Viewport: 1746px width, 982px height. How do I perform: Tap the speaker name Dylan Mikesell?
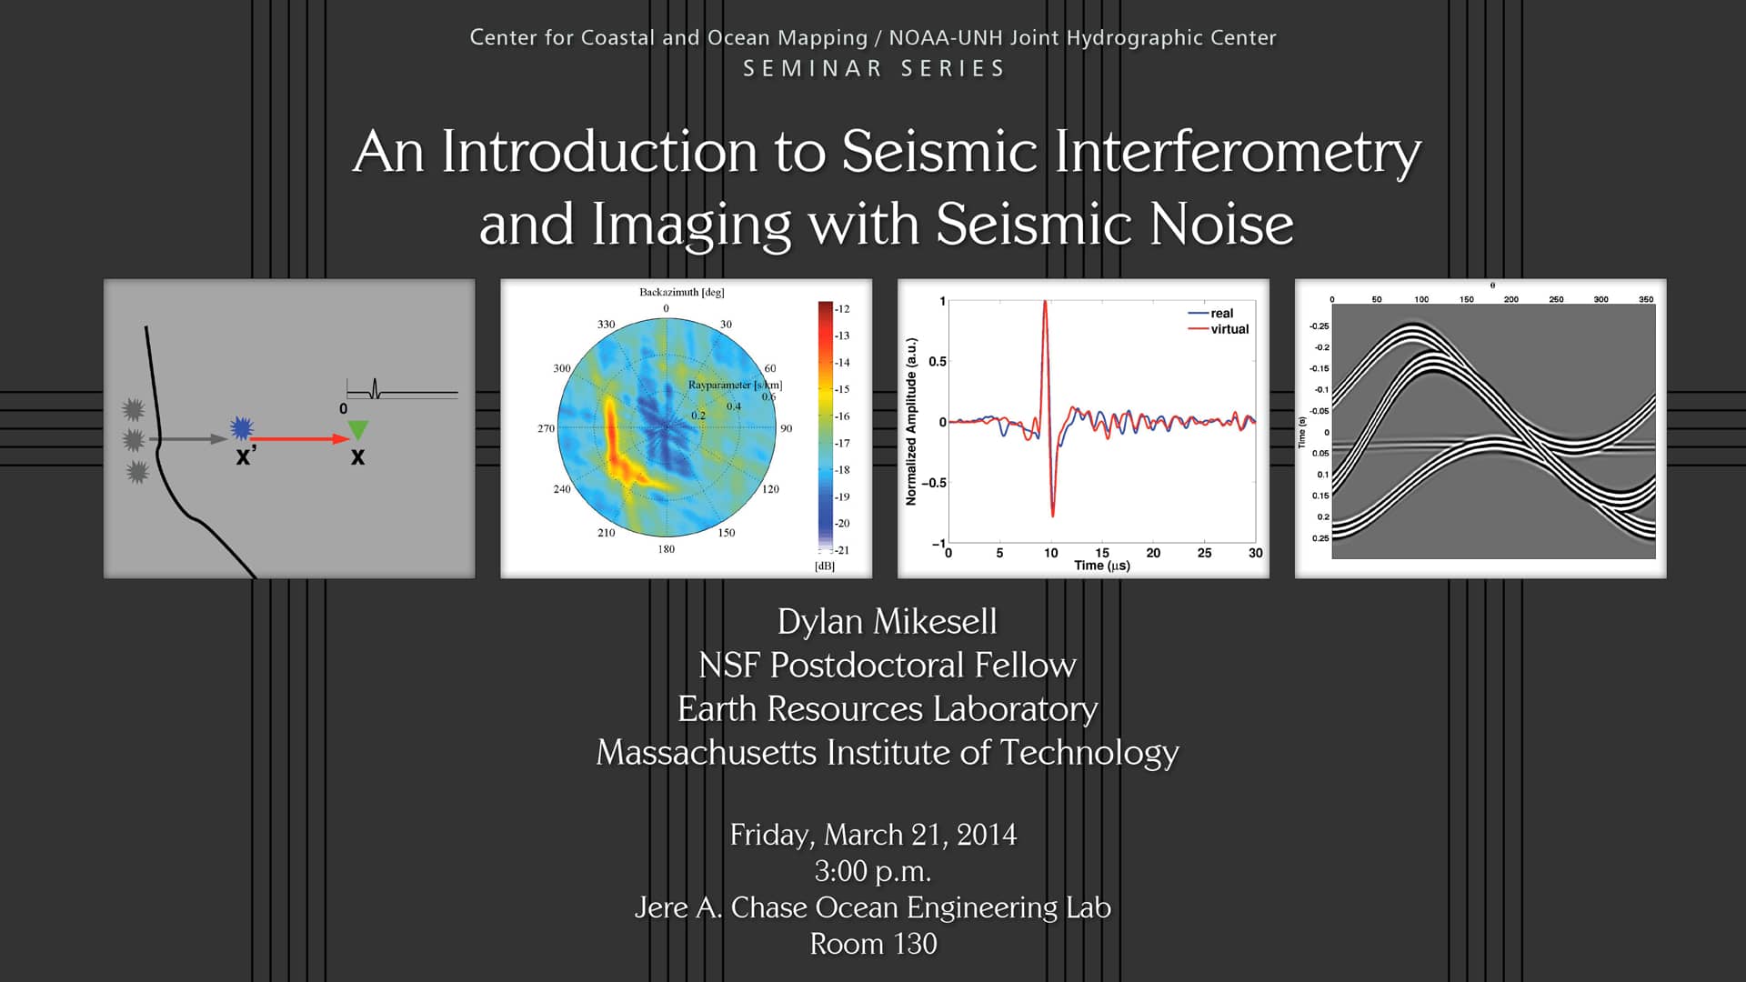[x=887, y=622]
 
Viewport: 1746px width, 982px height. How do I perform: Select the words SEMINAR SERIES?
[x=873, y=69]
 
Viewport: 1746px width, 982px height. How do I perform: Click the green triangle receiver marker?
[x=358, y=429]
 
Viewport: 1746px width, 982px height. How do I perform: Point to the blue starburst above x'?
[x=242, y=427]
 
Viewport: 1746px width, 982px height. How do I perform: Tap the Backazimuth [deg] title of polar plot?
[x=681, y=292]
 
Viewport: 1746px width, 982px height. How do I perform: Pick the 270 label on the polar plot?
[x=546, y=428]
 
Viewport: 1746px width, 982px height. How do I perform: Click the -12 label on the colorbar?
[x=842, y=309]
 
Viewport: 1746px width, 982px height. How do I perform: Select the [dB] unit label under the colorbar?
[x=825, y=566]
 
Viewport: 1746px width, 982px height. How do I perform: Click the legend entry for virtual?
[x=1229, y=329]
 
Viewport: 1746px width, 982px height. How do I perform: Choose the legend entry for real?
[x=1221, y=313]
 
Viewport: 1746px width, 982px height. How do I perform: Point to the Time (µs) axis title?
[x=1101, y=566]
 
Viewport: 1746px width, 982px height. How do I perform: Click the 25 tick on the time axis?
[x=1204, y=553]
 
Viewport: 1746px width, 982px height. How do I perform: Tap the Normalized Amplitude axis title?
[x=911, y=422]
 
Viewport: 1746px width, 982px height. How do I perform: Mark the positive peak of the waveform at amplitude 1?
[x=1045, y=304]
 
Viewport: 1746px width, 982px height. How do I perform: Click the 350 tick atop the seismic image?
[x=1645, y=299]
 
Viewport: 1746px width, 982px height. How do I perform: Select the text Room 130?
[x=873, y=944]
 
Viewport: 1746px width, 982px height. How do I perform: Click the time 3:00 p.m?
[x=873, y=871]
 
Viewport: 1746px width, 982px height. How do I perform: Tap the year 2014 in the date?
[x=986, y=835]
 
